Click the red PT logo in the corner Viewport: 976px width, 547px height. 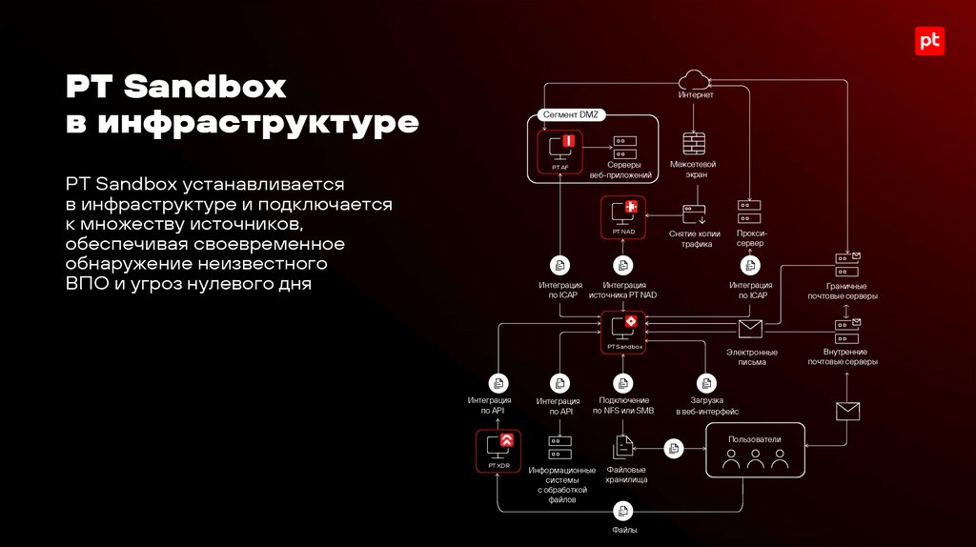929,41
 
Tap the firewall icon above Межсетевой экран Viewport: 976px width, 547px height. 695,144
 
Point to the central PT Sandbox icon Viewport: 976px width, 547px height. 623,327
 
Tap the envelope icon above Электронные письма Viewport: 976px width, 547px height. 751,329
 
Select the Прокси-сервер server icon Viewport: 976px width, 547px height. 750,213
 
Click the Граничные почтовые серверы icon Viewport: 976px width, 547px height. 846,264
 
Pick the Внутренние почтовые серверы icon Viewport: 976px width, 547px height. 846,331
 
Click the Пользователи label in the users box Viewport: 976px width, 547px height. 754,439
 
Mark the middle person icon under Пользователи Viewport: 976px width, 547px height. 755,459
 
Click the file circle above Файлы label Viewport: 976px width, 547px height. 624,511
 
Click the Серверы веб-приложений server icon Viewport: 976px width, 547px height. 624,148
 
